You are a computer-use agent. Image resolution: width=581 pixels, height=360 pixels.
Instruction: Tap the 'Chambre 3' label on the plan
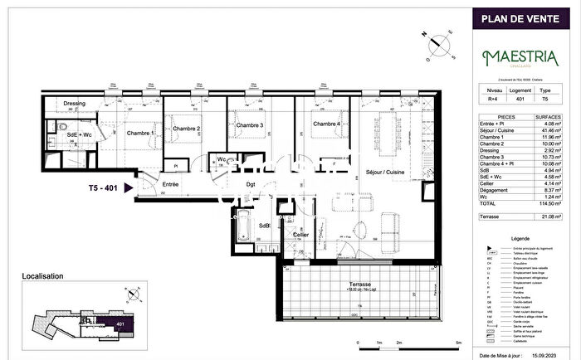249,125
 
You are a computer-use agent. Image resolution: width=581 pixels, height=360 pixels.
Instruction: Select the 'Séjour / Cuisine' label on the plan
384,172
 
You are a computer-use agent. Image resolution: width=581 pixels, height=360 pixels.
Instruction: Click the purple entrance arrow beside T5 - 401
129,188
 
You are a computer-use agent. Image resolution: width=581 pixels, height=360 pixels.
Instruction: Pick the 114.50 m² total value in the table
552,202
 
